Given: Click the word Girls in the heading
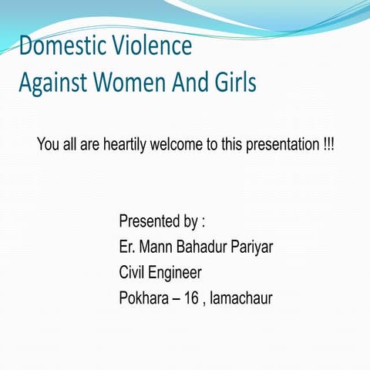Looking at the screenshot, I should click(x=233, y=82).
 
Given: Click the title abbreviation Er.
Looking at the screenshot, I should click(x=127, y=247).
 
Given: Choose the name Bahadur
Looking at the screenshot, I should click(x=208, y=247).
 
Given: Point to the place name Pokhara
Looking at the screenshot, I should click(x=146, y=297).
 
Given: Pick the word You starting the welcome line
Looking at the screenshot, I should click(x=48, y=145).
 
